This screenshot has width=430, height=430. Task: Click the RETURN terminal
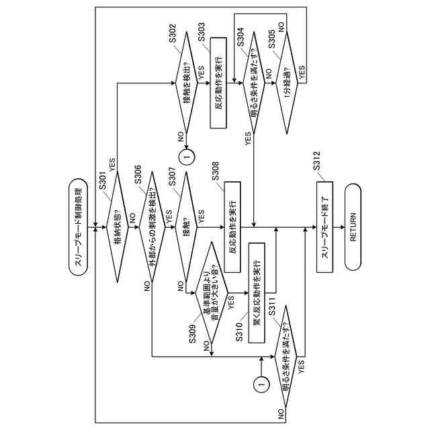(356, 227)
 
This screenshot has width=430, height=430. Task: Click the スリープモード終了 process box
(325, 227)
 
